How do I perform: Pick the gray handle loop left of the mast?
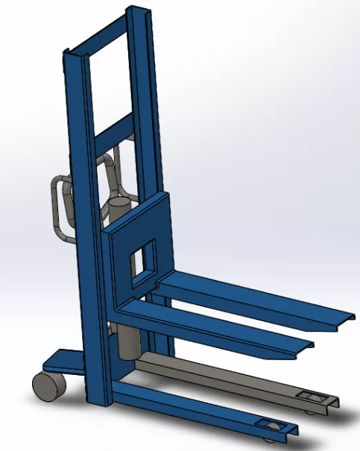[x=59, y=205]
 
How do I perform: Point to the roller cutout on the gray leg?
[x=310, y=395]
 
